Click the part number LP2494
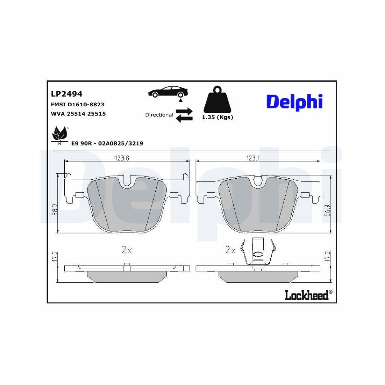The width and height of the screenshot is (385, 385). pyautogui.click(x=67, y=94)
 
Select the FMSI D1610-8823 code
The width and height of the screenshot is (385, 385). pyautogui.click(x=78, y=104)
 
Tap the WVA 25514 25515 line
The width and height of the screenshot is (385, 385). pyautogui.click(x=78, y=114)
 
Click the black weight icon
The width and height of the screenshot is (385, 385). pyautogui.click(x=218, y=101)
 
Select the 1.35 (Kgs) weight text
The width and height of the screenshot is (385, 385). pyautogui.click(x=218, y=118)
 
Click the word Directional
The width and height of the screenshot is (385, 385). pyautogui.click(x=159, y=115)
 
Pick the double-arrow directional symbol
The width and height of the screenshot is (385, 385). pyautogui.click(x=184, y=115)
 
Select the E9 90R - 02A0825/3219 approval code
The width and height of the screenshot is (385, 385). pyautogui.click(x=107, y=143)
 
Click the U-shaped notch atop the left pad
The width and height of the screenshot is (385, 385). pyautogui.click(x=127, y=183)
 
